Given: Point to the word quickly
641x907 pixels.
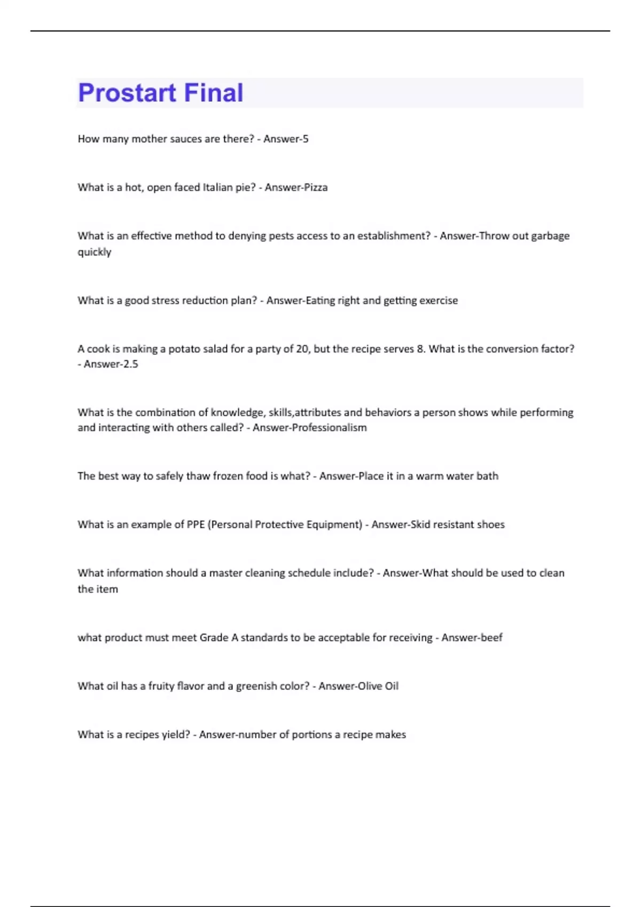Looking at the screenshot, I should tap(95, 252).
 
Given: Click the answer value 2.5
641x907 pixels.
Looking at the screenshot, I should tap(131, 364).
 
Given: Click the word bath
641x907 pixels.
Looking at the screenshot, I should tap(487, 476).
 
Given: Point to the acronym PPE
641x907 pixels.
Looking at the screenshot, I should tap(196, 524).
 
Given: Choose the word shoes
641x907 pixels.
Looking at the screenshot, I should tap(491, 524).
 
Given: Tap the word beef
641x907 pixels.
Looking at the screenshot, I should tap(491, 638).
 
